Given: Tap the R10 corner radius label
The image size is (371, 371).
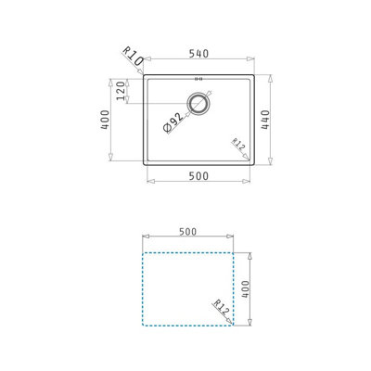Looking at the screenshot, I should point(132,59).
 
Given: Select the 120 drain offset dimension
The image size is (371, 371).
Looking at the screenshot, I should point(119,94).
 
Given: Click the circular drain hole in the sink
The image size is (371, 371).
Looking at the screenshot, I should point(198,103).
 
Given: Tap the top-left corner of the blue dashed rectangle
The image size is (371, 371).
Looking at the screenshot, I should point(143,251).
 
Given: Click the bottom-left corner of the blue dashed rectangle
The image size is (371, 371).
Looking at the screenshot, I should point(143,326).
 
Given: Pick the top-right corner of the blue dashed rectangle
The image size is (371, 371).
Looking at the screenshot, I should point(234,251).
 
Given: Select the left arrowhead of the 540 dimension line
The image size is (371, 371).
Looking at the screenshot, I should point(145,63).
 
